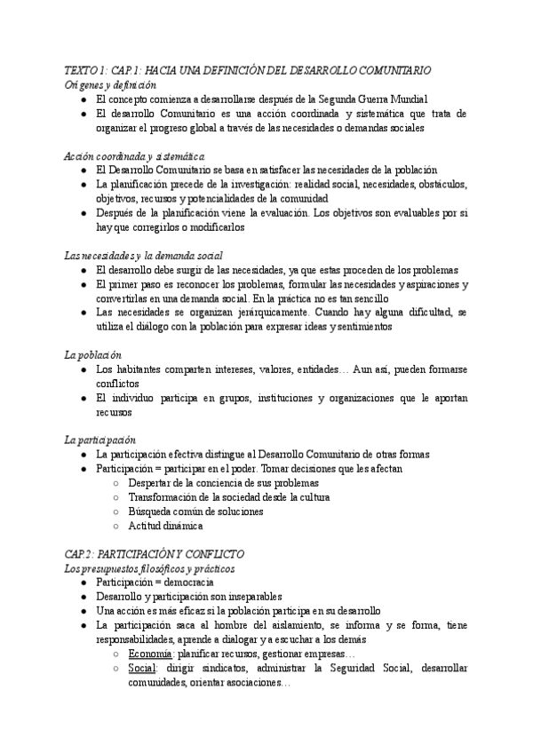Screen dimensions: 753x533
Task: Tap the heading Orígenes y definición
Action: tap(110, 84)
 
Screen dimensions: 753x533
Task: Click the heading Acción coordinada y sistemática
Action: tap(128, 155)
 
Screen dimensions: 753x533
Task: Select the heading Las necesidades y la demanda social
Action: tap(143, 255)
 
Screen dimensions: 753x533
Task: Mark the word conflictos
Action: tap(119, 384)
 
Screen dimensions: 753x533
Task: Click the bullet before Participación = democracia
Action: tap(82, 582)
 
